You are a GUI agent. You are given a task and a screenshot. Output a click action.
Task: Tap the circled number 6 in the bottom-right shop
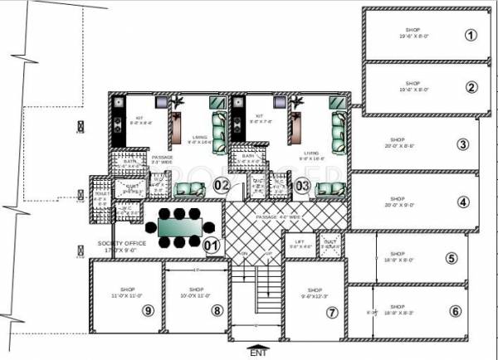pos(455,311)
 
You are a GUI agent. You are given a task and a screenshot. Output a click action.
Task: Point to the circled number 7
pos(332,313)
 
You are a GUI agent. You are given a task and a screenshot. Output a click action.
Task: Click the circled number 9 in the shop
pos(149,310)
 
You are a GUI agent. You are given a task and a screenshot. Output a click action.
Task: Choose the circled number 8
pos(217,310)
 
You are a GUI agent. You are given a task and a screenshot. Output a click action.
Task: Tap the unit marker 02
pos(221,185)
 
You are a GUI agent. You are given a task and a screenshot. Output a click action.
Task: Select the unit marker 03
pos(303,185)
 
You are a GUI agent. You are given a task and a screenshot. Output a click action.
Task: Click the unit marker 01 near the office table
pos(212,245)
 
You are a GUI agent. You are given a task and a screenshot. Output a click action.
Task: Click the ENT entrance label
pos(259,354)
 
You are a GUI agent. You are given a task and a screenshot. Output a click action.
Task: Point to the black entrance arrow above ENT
pos(259,344)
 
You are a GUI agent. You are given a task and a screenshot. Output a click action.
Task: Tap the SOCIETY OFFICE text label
pos(116,244)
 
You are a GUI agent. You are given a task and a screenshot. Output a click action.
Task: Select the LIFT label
pos(300,242)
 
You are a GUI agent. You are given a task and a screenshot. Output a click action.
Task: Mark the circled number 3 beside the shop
pos(463,144)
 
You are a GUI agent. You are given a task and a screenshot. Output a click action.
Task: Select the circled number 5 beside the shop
pos(452,259)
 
